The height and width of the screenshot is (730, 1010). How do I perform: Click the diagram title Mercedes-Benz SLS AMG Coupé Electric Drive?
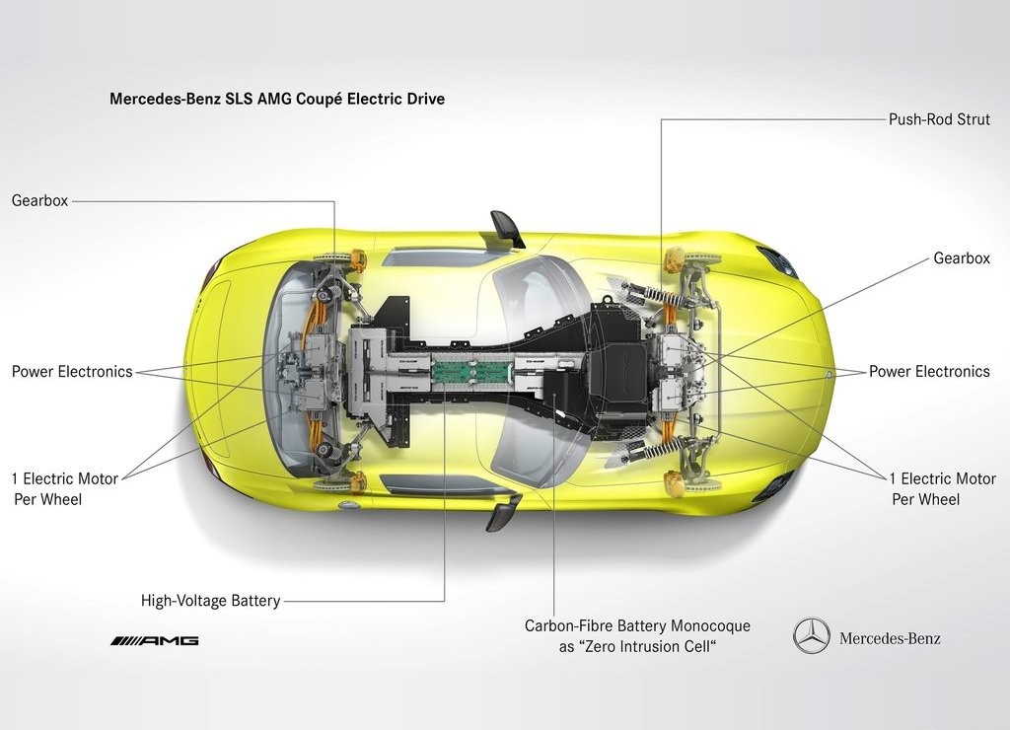277,99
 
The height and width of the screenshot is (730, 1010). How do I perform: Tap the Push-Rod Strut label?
939,119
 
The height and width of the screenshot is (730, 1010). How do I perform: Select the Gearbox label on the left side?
39,200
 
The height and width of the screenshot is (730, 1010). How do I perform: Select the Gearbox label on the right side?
962,258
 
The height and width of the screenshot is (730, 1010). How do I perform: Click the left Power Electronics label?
72,372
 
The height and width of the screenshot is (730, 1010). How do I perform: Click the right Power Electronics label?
929,372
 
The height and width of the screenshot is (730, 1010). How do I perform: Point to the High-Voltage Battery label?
211,601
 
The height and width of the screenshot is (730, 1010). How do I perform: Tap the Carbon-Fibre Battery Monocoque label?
637,636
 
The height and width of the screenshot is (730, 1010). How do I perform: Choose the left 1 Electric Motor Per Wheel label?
65,489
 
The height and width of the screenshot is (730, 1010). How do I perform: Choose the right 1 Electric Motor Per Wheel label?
943,489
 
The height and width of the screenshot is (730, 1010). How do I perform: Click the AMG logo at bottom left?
155,640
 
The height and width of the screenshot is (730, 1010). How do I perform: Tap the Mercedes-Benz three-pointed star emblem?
812,636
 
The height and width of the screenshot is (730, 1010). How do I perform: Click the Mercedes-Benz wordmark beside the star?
890,638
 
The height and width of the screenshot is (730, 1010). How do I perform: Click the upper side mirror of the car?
509,228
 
